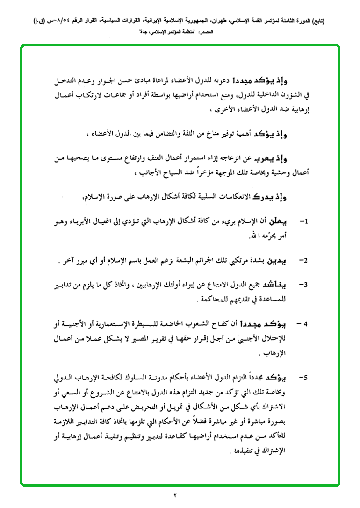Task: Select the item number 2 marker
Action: pyautogui.click(x=303, y=259)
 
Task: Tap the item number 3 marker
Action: pyautogui.click(x=303, y=284)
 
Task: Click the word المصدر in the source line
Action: pyautogui.click(x=204, y=32)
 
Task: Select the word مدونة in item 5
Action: pyautogui.click(x=158, y=376)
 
